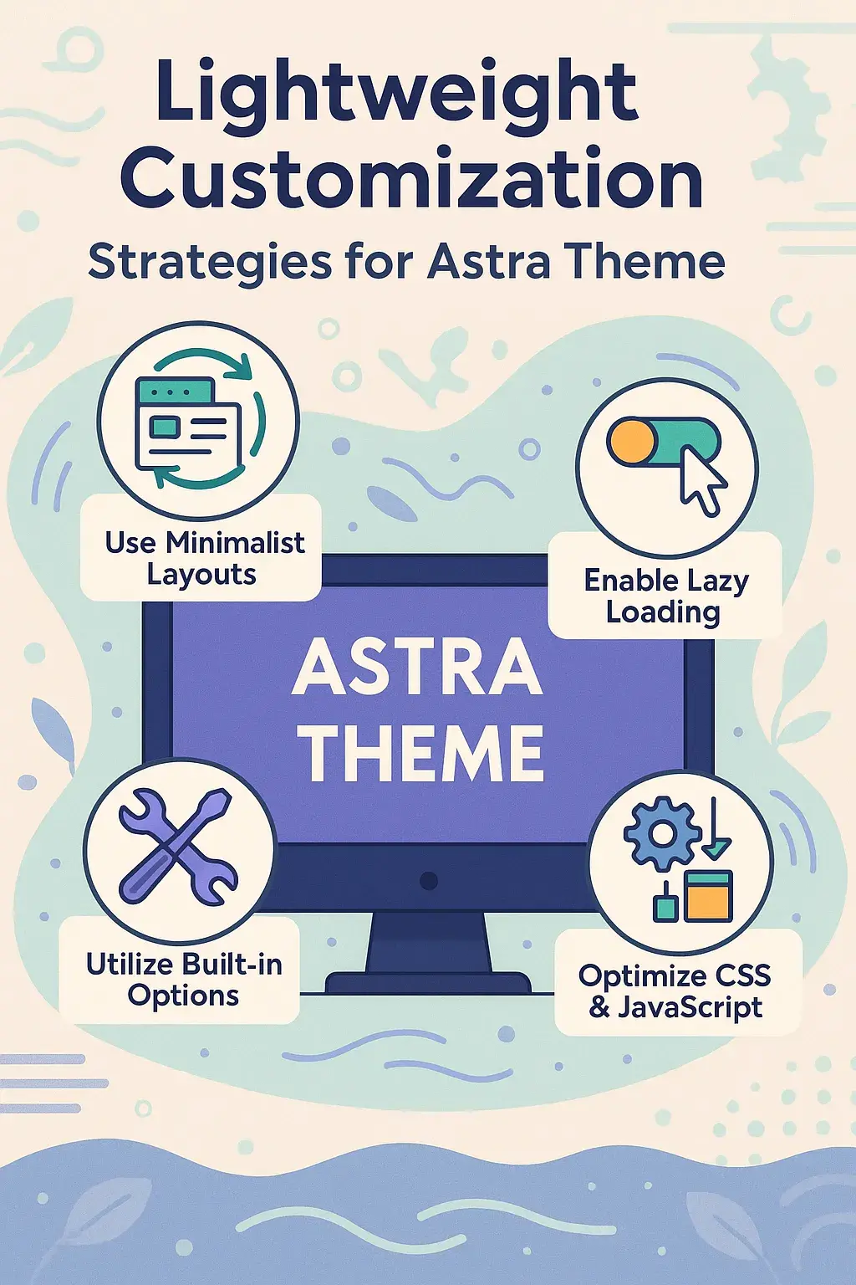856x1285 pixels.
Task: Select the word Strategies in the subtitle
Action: coord(210,264)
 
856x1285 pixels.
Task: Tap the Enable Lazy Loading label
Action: coord(665,596)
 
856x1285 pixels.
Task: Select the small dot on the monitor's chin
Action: coord(428,880)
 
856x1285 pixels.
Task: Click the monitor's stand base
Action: coord(428,983)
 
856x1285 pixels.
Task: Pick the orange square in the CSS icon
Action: coord(709,895)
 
